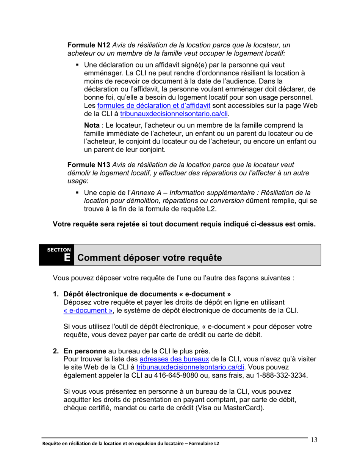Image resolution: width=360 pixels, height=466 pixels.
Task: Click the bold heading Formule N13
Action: pos(89,165)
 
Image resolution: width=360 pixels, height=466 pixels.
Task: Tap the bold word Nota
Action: pos(92,125)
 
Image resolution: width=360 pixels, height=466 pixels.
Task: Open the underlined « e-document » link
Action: pos(88,311)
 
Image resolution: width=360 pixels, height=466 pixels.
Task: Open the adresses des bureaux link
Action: pos(174,359)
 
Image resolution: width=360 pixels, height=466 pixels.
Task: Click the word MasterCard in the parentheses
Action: pos(243,409)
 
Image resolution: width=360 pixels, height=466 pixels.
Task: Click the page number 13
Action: pos(314,440)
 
